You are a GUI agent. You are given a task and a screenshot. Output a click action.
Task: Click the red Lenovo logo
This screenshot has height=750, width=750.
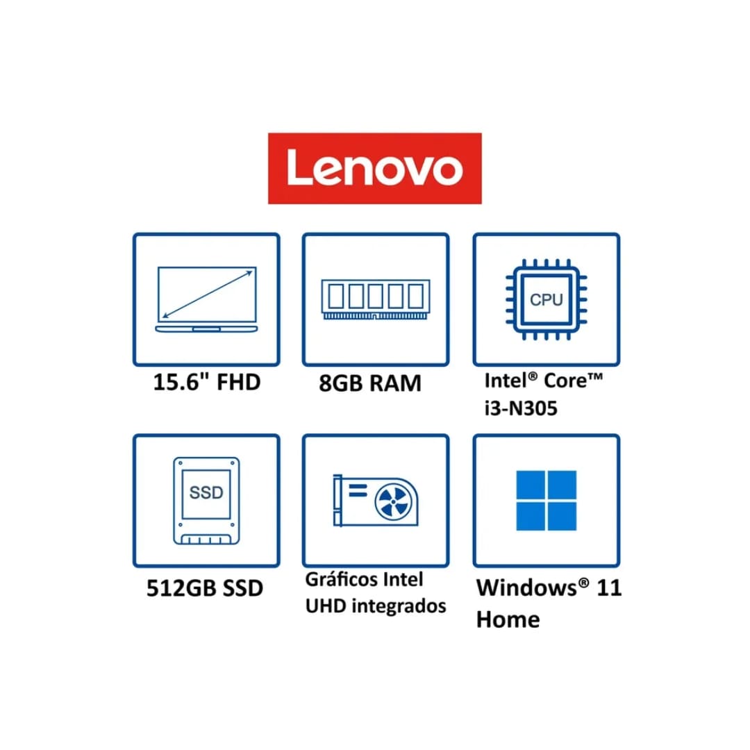click(x=374, y=168)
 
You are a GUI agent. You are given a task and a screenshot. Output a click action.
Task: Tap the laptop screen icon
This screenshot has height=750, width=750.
click(x=207, y=299)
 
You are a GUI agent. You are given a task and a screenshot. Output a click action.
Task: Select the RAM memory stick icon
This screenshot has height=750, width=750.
click(x=376, y=299)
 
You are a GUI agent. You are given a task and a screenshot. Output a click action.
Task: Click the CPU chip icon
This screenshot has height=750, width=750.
click(x=547, y=299)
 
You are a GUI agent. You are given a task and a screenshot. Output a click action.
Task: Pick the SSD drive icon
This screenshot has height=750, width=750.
click(x=206, y=500)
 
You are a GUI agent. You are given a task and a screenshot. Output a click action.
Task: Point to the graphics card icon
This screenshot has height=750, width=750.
click(x=376, y=500)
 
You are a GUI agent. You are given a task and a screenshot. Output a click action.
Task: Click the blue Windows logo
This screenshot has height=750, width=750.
click(x=547, y=500)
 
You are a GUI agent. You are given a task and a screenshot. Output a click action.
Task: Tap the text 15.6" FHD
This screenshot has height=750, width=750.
click(x=207, y=382)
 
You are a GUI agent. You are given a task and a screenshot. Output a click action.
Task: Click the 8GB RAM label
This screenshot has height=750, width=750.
click(x=370, y=383)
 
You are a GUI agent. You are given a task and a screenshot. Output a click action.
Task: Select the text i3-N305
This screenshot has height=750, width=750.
click(x=521, y=408)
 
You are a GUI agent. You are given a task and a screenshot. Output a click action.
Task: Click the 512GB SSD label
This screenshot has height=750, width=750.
click(x=205, y=588)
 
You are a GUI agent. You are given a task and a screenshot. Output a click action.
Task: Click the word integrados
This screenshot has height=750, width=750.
click(x=399, y=606)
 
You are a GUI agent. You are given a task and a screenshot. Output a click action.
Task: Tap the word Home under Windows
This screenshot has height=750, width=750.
click(x=508, y=619)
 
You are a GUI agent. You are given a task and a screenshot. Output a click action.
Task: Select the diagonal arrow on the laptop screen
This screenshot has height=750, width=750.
click(x=207, y=294)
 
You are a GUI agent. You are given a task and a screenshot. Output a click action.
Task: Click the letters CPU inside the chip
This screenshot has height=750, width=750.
click(x=547, y=299)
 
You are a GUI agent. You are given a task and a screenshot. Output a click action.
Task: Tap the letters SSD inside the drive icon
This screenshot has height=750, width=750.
click(x=206, y=492)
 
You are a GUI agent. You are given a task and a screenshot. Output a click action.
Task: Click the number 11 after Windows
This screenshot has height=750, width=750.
click(x=609, y=587)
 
